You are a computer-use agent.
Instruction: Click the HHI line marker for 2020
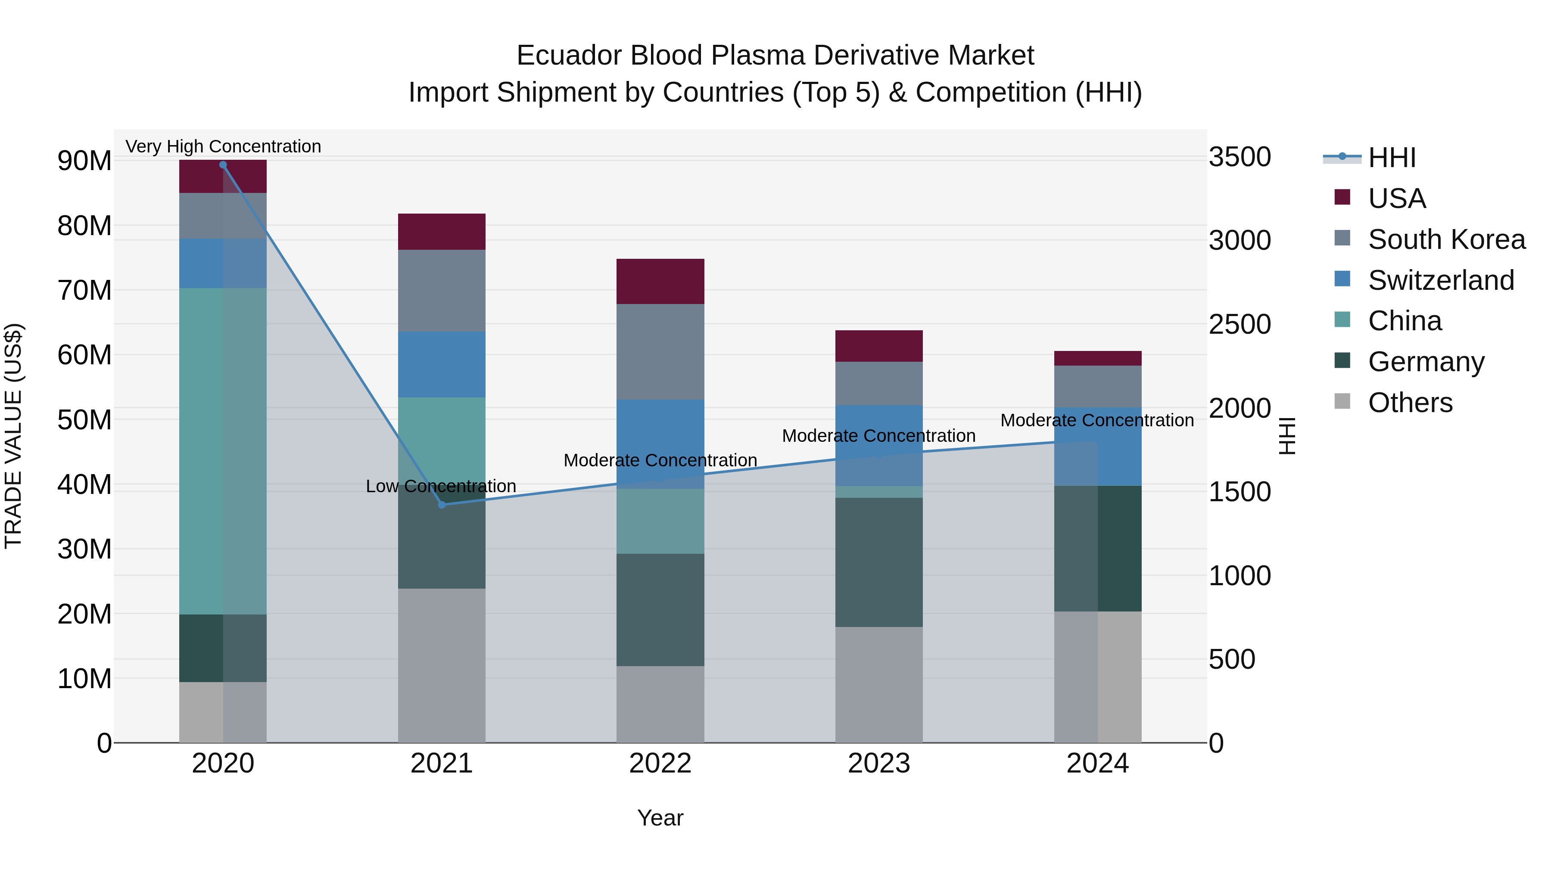(223, 165)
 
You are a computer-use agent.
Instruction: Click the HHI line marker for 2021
(441, 504)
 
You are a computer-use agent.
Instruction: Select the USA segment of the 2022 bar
(660, 281)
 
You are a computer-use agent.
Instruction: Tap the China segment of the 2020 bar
(223, 451)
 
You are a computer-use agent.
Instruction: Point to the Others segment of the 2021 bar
(441, 665)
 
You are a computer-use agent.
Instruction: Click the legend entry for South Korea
(1446, 239)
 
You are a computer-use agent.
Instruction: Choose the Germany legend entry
(1426, 362)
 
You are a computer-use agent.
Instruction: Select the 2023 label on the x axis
(878, 763)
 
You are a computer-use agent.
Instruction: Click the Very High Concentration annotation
(223, 146)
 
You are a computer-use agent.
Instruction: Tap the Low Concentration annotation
(441, 486)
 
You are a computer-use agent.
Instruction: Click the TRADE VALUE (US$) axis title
(13, 436)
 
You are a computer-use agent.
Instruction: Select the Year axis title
(660, 818)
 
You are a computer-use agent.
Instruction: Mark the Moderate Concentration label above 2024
(1096, 420)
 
